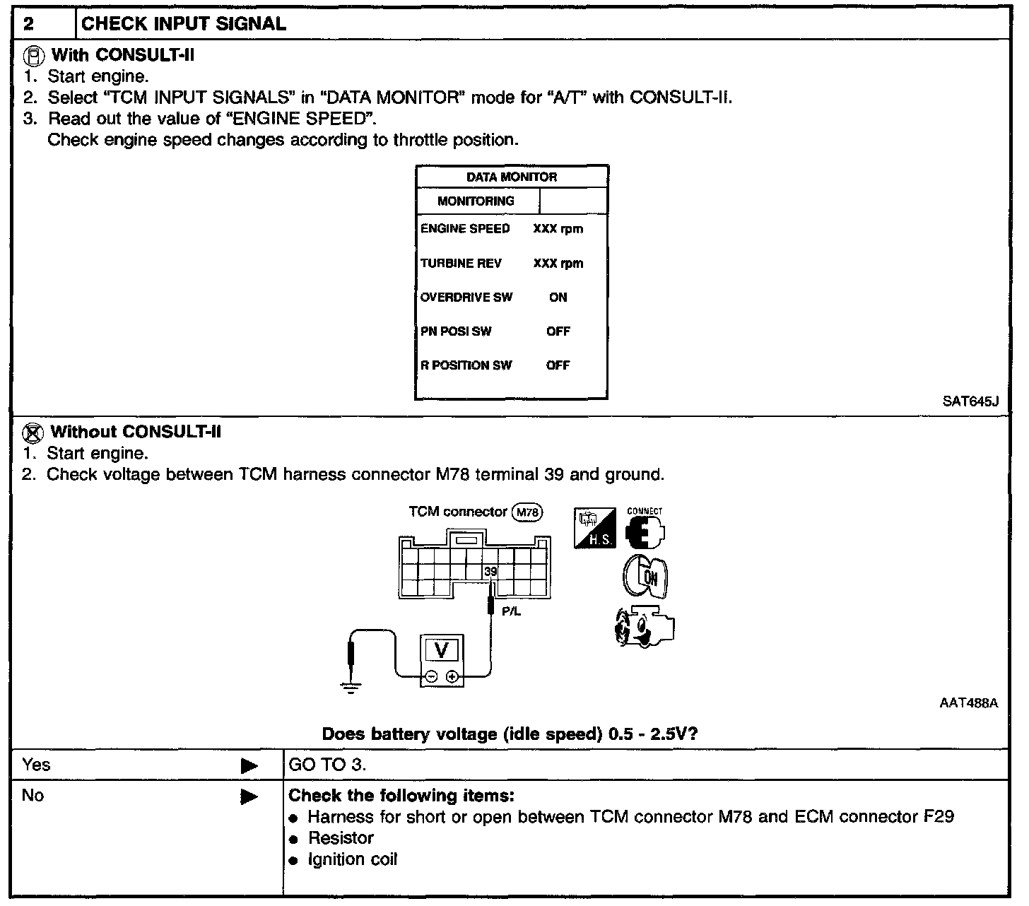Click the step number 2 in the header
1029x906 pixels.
pyautogui.click(x=28, y=24)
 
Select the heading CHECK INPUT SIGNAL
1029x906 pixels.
pyautogui.click(x=184, y=24)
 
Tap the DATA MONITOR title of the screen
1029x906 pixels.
pyautogui.click(x=512, y=177)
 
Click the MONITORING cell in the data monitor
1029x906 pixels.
pyautogui.click(x=476, y=201)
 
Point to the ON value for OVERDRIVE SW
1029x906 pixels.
pyautogui.click(x=558, y=298)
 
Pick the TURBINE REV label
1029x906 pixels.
pyautogui.click(x=461, y=264)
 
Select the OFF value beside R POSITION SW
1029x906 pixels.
pyautogui.click(x=558, y=365)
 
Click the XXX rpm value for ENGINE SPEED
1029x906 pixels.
pyautogui.click(x=558, y=229)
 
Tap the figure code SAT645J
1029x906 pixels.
pyautogui.click(x=970, y=402)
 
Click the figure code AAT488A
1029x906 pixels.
pyautogui.click(x=968, y=703)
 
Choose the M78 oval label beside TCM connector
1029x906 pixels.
pyautogui.click(x=527, y=512)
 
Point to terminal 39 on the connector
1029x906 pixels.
pyautogui.click(x=490, y=571)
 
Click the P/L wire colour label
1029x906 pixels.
pyautogui.click(x=511, y=611)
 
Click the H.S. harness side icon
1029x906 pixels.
pyautogui.click(x=594, y=529)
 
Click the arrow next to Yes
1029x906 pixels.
pyautogui.click(x=249, y=765)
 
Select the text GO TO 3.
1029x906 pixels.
pyautogui.click(x=328, y=765)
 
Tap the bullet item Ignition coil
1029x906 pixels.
pyautogui.click(x=352, y=860)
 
